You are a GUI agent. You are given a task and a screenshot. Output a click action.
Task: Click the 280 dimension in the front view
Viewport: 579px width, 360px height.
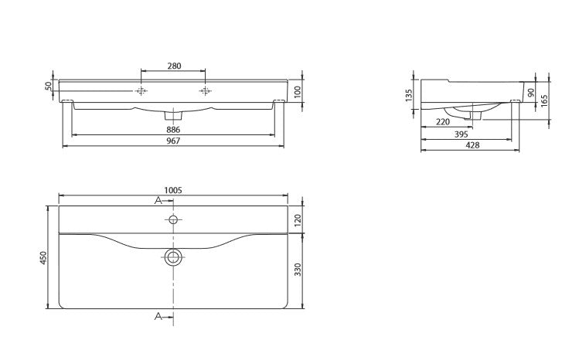[x=174, y=66]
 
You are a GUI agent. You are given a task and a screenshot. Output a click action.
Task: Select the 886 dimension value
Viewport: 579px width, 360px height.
[x=173, y=130]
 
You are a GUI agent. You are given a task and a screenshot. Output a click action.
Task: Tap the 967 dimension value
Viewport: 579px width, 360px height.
[x=173, y=141]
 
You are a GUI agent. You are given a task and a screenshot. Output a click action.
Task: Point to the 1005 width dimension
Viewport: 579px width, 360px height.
[x=173, y=190]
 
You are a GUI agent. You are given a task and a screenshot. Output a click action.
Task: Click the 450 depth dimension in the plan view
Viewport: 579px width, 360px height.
[x=43, y=257]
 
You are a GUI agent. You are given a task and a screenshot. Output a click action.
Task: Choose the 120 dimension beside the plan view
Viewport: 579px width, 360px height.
[x=298, y=219]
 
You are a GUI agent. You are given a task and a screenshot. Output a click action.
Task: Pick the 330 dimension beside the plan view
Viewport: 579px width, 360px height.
[x=298, y=270]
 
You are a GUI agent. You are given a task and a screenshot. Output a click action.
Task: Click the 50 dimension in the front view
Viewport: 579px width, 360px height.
[x=49, y=86]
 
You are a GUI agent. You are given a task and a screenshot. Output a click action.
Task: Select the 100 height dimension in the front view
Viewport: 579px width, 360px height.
[x=298, y=91]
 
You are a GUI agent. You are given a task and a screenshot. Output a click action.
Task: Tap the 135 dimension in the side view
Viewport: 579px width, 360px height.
[x=408, y=95]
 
